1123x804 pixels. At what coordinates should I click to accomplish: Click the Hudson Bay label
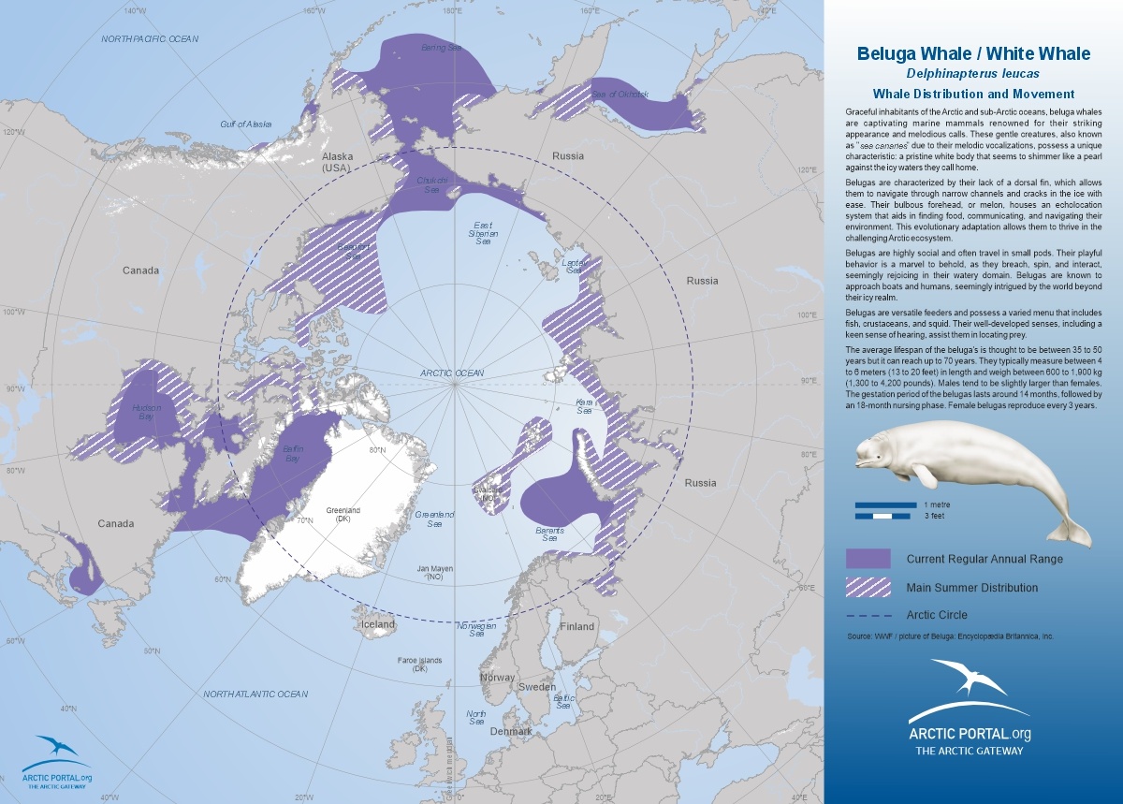[x=147, y=413]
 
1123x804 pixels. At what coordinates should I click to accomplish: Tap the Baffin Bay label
[x=293, y=454]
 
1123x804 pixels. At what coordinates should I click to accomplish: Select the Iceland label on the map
[x=379, y=624]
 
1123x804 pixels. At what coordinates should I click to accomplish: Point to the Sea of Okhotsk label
[x=620, y=95]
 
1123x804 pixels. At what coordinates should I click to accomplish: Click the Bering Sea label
[x=441, y=48]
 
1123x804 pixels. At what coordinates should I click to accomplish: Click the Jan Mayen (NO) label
[x=433, y=573]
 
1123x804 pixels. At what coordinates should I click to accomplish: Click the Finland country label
[x=577, y=626]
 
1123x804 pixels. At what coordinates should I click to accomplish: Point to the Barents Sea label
[x=549, y=534]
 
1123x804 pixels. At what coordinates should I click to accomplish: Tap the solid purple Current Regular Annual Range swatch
[x=868, y=559]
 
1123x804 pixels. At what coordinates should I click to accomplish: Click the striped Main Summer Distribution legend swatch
[x=868, y=588]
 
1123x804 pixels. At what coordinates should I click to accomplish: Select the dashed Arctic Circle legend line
[x=868, y=616]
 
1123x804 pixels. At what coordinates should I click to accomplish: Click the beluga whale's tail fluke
[x=1070, y=533]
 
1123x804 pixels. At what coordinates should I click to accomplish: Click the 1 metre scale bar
[x=884, y=504]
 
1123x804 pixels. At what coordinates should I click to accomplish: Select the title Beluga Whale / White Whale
[x=973, y=53]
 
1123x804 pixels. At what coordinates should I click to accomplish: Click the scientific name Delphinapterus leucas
[x=973, y=73]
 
